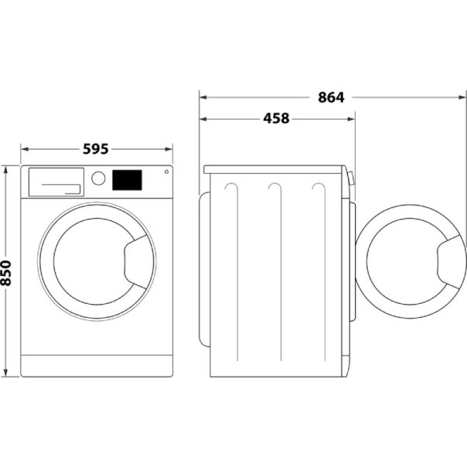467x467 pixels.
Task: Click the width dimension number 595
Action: tap(95, 149)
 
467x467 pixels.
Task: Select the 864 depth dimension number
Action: tap(330, 97)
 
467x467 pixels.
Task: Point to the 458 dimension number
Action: tap(276, 119)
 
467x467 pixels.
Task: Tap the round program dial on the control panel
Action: tap(98, 179)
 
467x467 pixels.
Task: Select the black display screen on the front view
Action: tap(128, 180)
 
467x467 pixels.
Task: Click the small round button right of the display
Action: tap(165, 172)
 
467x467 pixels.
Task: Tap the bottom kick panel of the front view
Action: tap(96, 366)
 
